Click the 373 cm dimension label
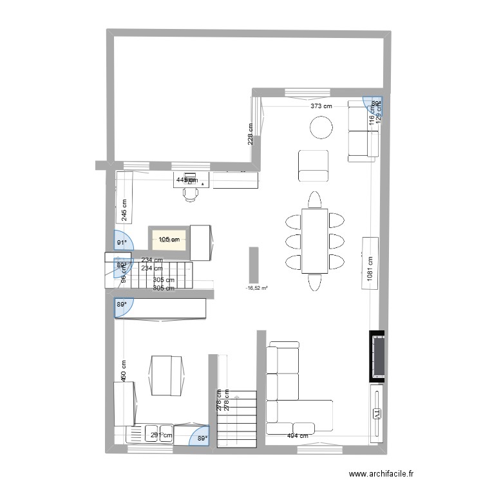click(x=321, y=106)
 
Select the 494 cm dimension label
click(x=297, y=436)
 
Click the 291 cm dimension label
click(x=162, y=436)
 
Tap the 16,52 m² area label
click(x=256, y=289)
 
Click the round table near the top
click(x=322, y=128)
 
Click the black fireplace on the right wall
click(x=379, y=356)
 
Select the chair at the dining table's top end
click(x=314, y=200)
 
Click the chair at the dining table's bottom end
click(x=314, y=282)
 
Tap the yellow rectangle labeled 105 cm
click(x=169, y=240)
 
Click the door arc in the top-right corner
click(x=373, y=103)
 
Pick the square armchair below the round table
click(x=314, y=166)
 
